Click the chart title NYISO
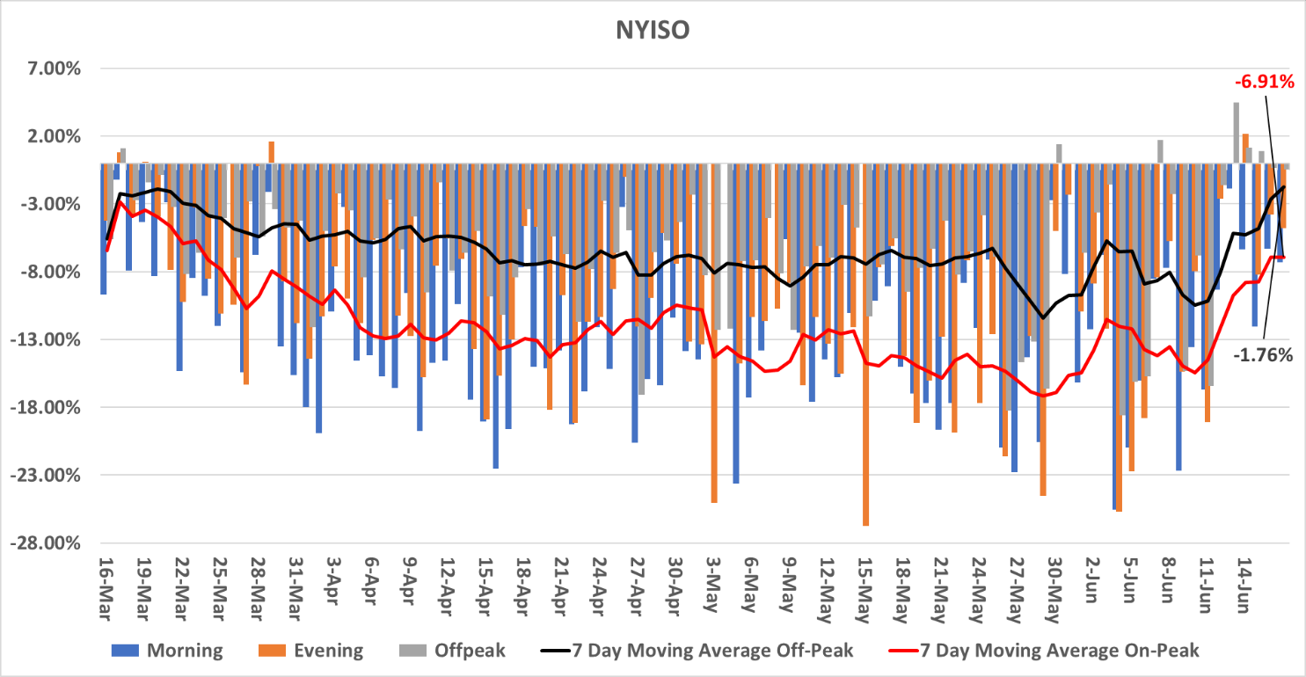tap(652, 30)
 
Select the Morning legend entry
tap(185, 651)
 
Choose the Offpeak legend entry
tap(470, 651)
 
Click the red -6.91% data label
tap(1264, 83)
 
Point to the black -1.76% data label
tap(1262, 355)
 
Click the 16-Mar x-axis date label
tap(104, 580)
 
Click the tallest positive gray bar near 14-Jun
tap(1236, 133)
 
